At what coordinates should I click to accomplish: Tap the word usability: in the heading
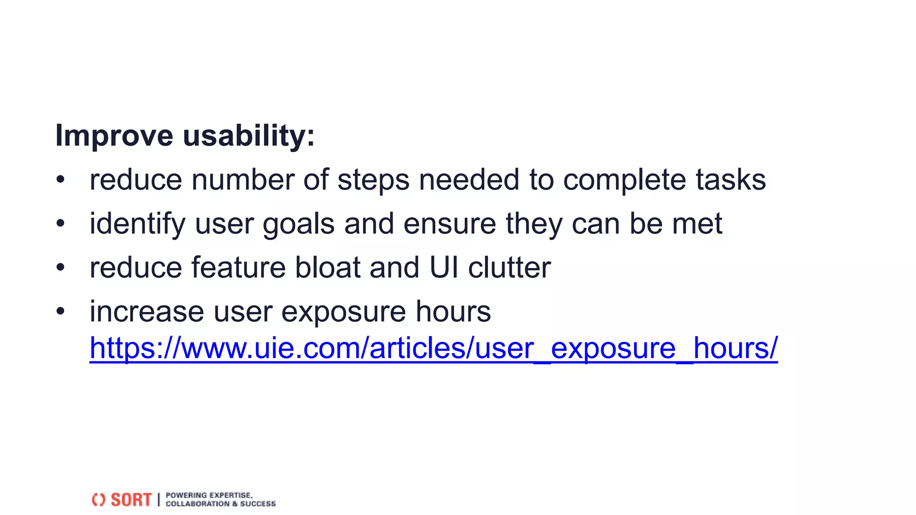click(249, 135)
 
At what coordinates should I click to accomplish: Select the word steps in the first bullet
click(373, 180)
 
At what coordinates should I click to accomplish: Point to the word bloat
click(327, 268)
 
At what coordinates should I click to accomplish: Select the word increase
click(147, 312)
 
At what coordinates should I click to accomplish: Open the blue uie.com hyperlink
click(433, 348)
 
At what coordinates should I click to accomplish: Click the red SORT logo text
click(131, 500)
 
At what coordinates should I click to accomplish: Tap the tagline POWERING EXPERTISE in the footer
click(209, 495)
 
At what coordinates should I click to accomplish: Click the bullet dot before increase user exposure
click(61, 311)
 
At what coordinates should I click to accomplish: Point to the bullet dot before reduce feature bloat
click(61, 267)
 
